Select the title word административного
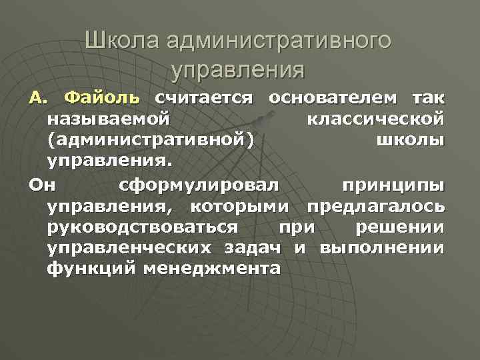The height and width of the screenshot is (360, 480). pos(279,41)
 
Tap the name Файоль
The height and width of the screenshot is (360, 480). pos(103,99)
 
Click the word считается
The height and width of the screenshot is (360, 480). pos(204,99)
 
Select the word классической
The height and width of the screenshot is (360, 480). pos(377,120)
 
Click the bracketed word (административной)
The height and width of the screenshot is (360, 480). pos(151,141)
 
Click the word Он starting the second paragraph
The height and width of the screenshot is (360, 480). pos(39,184)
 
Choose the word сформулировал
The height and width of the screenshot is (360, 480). pos(200,184)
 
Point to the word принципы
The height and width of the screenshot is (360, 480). pos(392,184)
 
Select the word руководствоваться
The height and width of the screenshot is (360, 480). pos(142,227)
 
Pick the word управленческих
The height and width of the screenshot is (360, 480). pos(129,248)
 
